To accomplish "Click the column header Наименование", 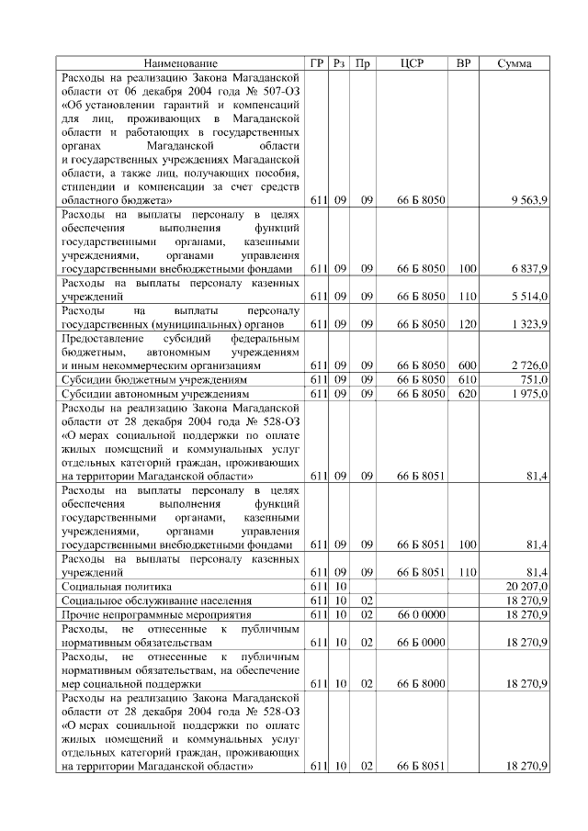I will [181, 63].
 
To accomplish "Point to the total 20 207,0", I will [527, 586].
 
